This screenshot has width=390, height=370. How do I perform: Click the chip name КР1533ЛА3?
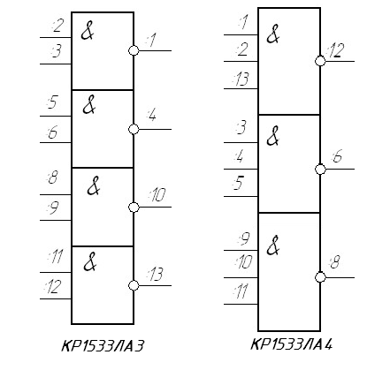[x=103, y=345]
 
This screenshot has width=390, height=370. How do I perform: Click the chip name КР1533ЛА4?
[x=291, y=344]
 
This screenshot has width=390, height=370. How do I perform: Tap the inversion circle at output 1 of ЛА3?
[x=134, y=50]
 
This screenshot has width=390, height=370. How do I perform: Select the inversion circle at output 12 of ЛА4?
[x=320, y=61]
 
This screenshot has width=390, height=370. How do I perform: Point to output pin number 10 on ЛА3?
[x=157, y=194]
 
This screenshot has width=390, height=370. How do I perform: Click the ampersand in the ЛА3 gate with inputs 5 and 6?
[x=89, y=104]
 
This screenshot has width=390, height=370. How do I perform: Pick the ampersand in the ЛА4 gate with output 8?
[x=273, y=245]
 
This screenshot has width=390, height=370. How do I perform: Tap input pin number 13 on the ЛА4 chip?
[x=241, y=79]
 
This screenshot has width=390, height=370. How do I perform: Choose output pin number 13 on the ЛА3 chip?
[x=156, y=274]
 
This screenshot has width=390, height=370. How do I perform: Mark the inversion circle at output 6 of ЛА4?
[x=320, y=170]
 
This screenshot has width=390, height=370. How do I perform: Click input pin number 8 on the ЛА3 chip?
[x=53, y=177]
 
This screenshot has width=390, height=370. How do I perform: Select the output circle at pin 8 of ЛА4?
[x=320, y=277]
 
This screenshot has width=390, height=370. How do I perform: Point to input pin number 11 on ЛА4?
[x=241, y=291]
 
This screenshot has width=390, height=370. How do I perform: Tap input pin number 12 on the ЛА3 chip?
[x=53, y=287]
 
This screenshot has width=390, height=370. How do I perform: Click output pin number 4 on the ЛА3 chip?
[x=151, y=115]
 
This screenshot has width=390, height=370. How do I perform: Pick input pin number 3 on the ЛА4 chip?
[x=241, y=127]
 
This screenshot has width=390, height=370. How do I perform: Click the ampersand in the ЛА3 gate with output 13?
[x=90, y=261]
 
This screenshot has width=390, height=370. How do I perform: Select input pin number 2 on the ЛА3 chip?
[x=57, y=25]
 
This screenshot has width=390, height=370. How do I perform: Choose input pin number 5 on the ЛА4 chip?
[x=239, y=183]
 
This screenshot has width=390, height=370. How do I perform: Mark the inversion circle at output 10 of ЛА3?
[x=134, y=208]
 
